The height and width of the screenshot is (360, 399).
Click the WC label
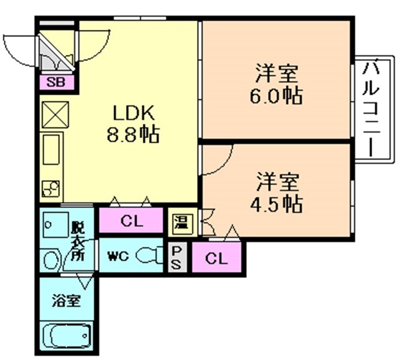tap(117, 255)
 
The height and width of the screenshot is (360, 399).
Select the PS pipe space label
tap(177, 256)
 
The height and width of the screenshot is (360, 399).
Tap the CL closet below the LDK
tap(131, 220)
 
